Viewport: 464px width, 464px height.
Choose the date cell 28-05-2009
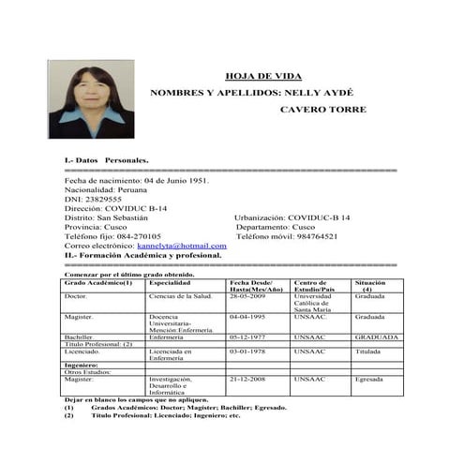coord(249,295)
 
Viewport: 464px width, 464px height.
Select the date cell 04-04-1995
coord(249,317)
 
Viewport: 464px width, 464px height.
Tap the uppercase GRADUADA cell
coord(377,337)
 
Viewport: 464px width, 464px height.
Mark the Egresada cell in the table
coord(369,380)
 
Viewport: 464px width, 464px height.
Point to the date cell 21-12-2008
coord(249,380)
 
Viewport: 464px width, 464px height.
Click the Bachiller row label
coord(79,337)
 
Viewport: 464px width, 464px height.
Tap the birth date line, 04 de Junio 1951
coord(138,181)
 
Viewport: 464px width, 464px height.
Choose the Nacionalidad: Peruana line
coord(106,190)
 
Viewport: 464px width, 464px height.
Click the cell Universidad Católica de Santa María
coord(317,302)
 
